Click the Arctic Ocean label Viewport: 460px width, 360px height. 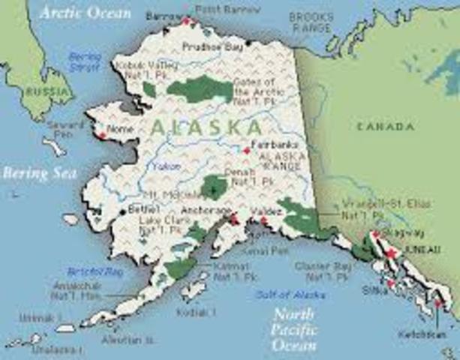coord(86,13)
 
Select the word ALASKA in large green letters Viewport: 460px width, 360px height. coord(206,127)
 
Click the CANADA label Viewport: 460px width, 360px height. coord(386,126)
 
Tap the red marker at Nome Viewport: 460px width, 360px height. coord(101,136)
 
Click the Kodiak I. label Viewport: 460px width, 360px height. coord(196,311)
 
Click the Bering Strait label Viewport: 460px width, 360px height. coord(85,61)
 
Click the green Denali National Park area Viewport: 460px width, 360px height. coord(215,186)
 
